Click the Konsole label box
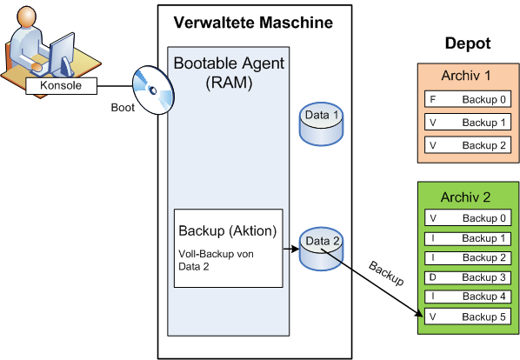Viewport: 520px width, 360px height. point(62,86)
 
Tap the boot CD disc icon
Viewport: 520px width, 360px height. point(153,90)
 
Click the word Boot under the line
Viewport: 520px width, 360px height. point(123,108)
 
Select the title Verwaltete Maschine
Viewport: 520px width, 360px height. point(253,23)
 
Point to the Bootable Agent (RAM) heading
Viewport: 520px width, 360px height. point(229,72)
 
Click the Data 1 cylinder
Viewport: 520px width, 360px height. point(321,123)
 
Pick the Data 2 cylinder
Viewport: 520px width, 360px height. point(321,249)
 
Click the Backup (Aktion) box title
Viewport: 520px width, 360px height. point(228,230)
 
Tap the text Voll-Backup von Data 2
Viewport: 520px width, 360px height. point(216,260)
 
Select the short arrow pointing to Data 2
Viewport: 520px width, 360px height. point(291,249)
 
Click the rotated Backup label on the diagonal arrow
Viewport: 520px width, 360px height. point(386,274)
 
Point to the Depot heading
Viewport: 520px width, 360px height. point(468,43)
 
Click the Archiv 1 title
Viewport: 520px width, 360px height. point(465,76)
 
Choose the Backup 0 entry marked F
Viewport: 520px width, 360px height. point(468,99)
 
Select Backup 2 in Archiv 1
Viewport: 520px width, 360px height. point(468,145)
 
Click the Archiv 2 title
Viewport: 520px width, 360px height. point(465,197)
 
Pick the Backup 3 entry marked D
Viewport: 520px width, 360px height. point(468,277)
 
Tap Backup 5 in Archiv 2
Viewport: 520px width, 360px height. point(468,317)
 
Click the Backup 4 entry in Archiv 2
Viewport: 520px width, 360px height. point(468,297)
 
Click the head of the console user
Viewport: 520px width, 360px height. point(27,17)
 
